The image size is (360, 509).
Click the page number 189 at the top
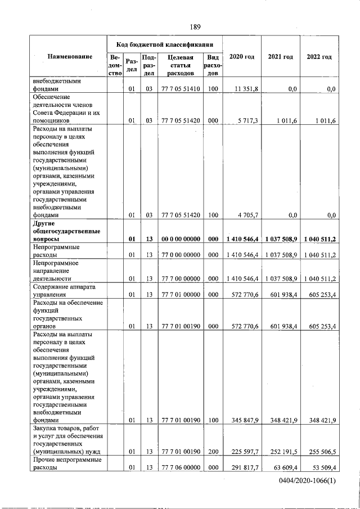(x=195, y=26)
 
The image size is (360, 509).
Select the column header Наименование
(x=70, y=57)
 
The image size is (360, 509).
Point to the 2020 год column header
(x=242, y=57)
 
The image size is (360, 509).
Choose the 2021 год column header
(x=280, y=57)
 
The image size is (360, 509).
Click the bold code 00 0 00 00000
(x=176, y=239)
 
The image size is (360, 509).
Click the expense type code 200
(x=213, y=451)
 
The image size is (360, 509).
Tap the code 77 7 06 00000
(x=176, y=467)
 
